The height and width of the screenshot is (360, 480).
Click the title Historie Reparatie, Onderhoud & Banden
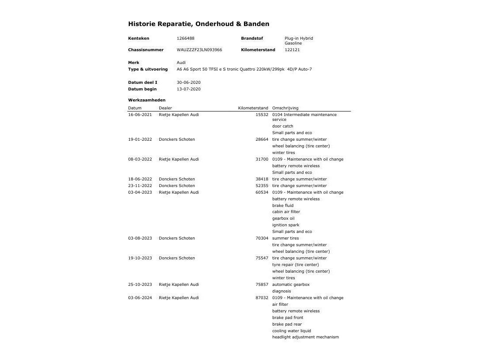199,24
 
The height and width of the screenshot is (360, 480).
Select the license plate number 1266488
185,38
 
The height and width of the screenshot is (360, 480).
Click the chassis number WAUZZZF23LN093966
199,50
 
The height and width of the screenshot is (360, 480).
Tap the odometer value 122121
292,50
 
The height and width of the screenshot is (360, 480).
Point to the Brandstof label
252,38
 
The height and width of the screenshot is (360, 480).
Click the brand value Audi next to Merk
181,63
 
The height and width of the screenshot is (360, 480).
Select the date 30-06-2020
188,82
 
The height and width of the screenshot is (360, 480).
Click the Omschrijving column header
285,108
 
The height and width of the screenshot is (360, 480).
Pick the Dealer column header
165,108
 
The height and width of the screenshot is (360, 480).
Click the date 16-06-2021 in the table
140,115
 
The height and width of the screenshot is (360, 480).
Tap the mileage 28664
262,139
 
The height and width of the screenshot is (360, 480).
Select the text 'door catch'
282,126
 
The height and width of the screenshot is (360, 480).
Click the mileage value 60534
262,192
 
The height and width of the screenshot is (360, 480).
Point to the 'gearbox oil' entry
283,218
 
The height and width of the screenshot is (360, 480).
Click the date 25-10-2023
140,285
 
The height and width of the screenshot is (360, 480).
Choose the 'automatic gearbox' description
291,285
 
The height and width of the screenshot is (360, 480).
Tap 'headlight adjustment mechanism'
305,337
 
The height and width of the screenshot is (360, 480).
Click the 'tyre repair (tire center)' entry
295,265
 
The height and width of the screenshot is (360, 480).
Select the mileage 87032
262,298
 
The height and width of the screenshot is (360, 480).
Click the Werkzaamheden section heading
146,100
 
